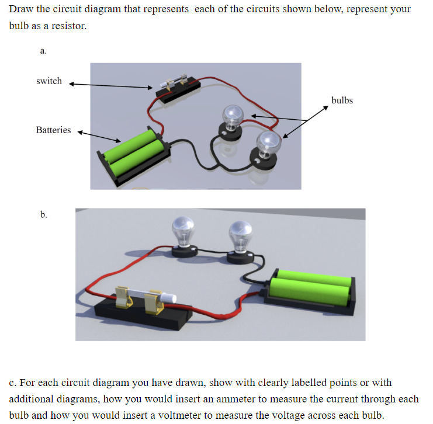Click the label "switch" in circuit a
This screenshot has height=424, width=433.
[x=49, y=81]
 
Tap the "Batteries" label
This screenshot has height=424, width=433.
[x=53, y=130]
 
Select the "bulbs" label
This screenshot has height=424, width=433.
[x=342, y=100]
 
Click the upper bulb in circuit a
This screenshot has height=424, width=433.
[x=232, y=116]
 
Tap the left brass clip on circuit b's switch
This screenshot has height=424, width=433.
[x=124, y=296]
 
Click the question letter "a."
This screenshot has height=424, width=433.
[x=43, y=51]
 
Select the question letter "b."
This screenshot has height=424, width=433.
[x=44, y=215]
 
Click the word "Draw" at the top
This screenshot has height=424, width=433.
[x=20, y=9]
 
